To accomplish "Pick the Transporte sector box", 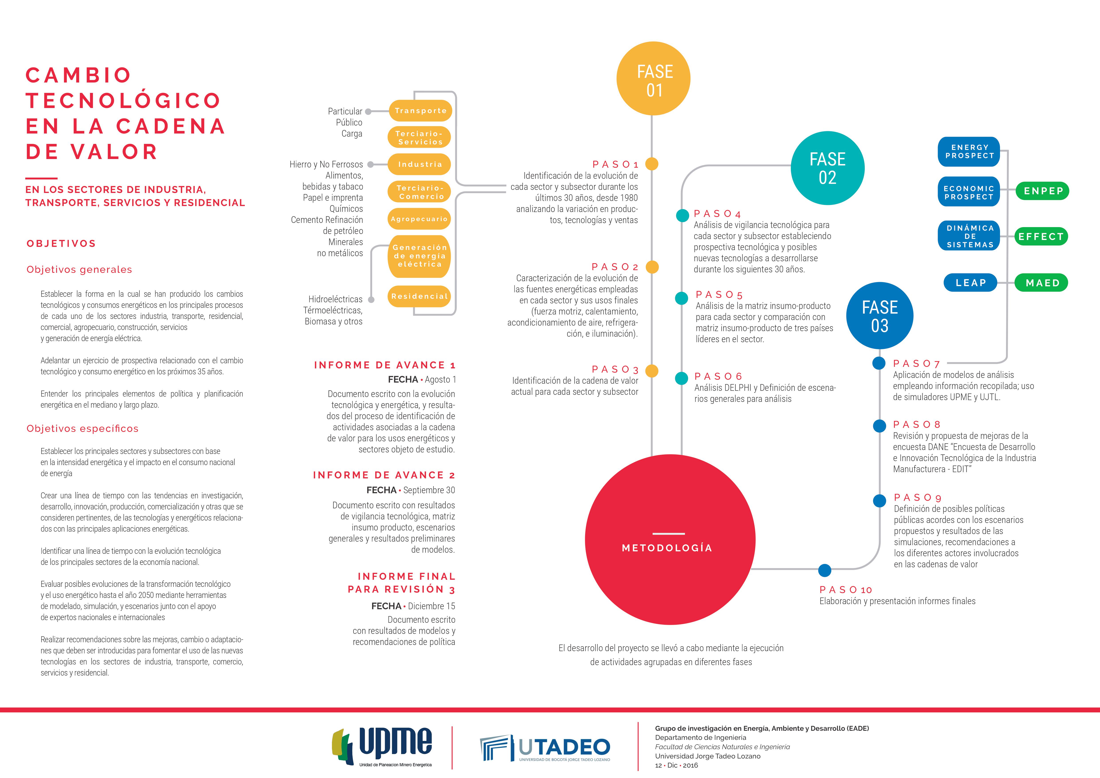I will [420, 111].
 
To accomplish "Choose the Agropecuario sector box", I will [419, 219].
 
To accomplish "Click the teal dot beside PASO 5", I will [681, 298].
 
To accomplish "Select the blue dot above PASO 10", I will [825, 571].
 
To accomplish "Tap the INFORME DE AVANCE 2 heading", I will [384, 475].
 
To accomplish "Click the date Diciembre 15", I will [431, 606].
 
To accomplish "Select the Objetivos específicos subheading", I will [82, 429].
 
